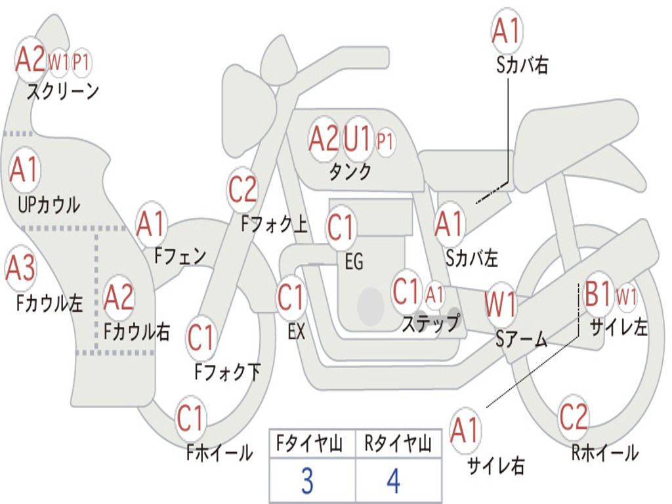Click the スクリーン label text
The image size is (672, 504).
[62, 91]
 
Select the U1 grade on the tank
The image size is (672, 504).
[358, 138]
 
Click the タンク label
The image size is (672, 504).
[350, 172]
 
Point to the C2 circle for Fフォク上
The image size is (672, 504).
[242, 190]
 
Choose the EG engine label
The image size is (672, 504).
[354, 262]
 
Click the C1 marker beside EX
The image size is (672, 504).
[291, 297]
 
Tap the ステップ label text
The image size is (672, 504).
[430, 323]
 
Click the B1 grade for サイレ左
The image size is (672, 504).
[598, 295]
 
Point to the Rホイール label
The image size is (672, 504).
[604, 452]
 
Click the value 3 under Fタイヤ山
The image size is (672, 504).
[306, 482]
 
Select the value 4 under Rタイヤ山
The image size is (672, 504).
[393, 482]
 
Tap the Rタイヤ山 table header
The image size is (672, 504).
[398, 445]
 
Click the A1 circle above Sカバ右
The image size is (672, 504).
[506, 31]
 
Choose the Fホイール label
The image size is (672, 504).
[220, 452]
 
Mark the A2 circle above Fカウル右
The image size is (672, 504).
[119, 297]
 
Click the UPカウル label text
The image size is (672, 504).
[47, 204]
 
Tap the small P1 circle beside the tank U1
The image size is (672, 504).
[385, 140]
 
